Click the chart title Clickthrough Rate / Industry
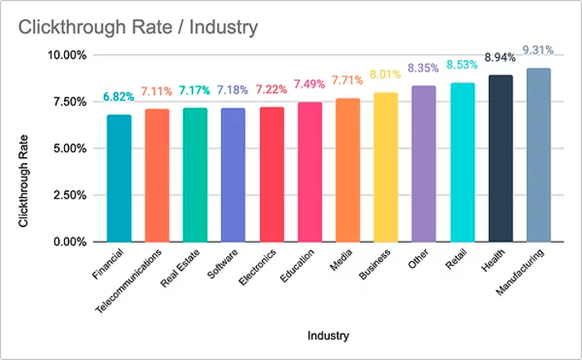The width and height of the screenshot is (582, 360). coord(138,27)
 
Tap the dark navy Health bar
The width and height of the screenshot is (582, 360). coord(501,158)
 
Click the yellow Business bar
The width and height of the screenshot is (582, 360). coord(386,167)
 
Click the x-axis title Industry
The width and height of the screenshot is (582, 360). coord(328,336)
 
